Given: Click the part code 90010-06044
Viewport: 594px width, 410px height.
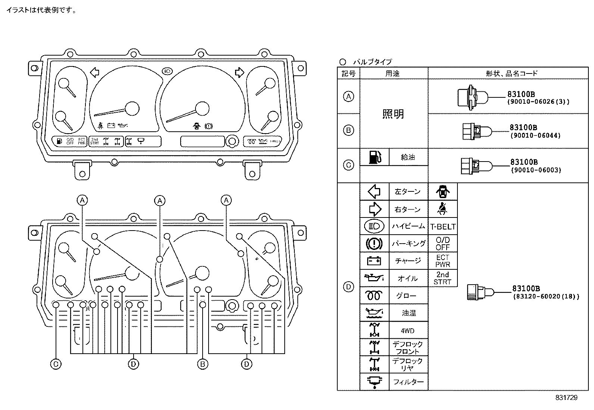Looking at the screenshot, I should pos(535,136).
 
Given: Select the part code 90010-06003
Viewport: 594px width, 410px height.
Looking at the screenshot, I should pos(535,170).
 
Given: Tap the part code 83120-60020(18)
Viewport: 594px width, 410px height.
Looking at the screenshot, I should pos(546,297).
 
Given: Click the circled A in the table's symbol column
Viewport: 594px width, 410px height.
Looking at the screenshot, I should pos(348,97).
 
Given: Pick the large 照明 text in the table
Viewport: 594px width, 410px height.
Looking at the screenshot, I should pos(393,114).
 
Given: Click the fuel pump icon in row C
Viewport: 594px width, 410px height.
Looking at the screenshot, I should pos(374,157).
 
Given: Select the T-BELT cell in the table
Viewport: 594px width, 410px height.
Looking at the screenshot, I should pos(443,226).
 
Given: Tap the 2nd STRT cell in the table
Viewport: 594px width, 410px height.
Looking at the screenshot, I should pos(443,278).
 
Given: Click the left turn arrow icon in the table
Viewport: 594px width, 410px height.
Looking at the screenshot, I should pos(374,192).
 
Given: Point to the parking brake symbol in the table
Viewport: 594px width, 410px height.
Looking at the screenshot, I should pos(374,244).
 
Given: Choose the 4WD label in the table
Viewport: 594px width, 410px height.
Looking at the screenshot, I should pos(407,331).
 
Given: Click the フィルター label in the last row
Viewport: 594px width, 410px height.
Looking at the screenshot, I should pos(408,382).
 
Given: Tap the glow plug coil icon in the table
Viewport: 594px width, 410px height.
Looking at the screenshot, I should pos(374,296).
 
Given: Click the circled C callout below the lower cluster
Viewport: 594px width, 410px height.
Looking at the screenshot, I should pos(56,364).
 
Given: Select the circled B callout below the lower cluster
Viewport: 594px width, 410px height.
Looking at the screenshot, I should pos(203,364).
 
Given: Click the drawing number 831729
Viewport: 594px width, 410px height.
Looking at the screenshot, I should pos(566,398).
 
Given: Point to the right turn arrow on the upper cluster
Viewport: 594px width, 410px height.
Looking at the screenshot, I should pos(239,72).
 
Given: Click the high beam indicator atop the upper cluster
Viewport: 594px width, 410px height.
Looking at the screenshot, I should pos(167,70).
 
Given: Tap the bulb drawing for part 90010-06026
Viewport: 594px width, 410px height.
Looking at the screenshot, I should pos(472,97).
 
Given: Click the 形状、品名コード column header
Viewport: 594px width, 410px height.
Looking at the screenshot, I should pos(512,73).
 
